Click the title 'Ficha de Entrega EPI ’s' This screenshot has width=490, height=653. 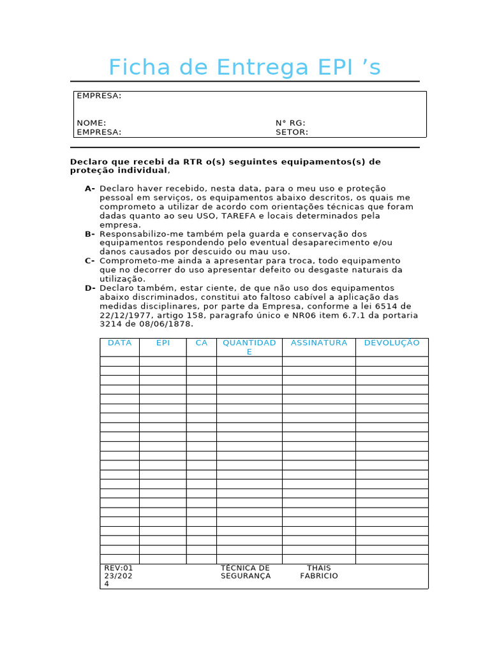tap(244, 67)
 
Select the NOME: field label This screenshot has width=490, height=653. tap(91, 123)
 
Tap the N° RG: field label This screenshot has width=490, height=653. tap(290, 123)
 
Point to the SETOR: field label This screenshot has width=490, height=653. tap(292, 132)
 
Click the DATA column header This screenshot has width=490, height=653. tap(119, 343)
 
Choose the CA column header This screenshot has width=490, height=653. tap(201, 343)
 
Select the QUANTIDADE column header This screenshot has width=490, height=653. tap(249, 347)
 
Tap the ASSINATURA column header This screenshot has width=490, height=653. tap(318, 343)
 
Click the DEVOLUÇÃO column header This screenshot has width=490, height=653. tap(392, 343)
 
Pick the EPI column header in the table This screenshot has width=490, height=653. tap(163, 343)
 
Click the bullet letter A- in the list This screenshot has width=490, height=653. tap(89, 189)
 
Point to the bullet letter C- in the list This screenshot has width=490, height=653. tap(89, 261)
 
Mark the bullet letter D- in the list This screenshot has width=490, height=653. tap(89, 288)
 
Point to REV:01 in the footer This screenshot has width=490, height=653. tap(118, 568)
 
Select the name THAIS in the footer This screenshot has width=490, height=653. tap(318, 568)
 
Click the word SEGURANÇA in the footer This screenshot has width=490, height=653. tap(246, 576)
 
